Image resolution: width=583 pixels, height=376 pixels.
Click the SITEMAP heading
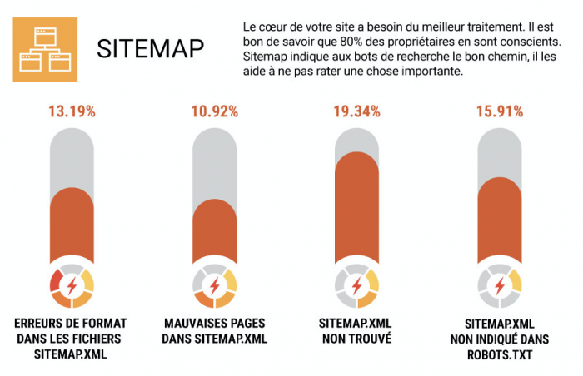pos(150,48)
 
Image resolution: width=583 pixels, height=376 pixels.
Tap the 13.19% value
pos(72,111)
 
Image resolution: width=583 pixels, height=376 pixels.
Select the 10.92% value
pos(214,111)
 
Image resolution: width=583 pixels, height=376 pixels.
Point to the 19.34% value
pos(357,111)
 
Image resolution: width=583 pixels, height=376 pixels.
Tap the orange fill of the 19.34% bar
pos(357,208)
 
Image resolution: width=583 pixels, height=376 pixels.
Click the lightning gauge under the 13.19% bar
pos(72,285)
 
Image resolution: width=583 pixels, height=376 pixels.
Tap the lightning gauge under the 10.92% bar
pos(214,285)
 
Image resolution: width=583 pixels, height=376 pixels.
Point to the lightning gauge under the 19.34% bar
pos(357,285)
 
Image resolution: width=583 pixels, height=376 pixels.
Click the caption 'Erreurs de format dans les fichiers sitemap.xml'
pos(72,339)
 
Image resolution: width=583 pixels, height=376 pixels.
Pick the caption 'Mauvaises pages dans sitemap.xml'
pos(214,331)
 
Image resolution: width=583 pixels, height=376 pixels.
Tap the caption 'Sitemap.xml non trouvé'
pos(357,331)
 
